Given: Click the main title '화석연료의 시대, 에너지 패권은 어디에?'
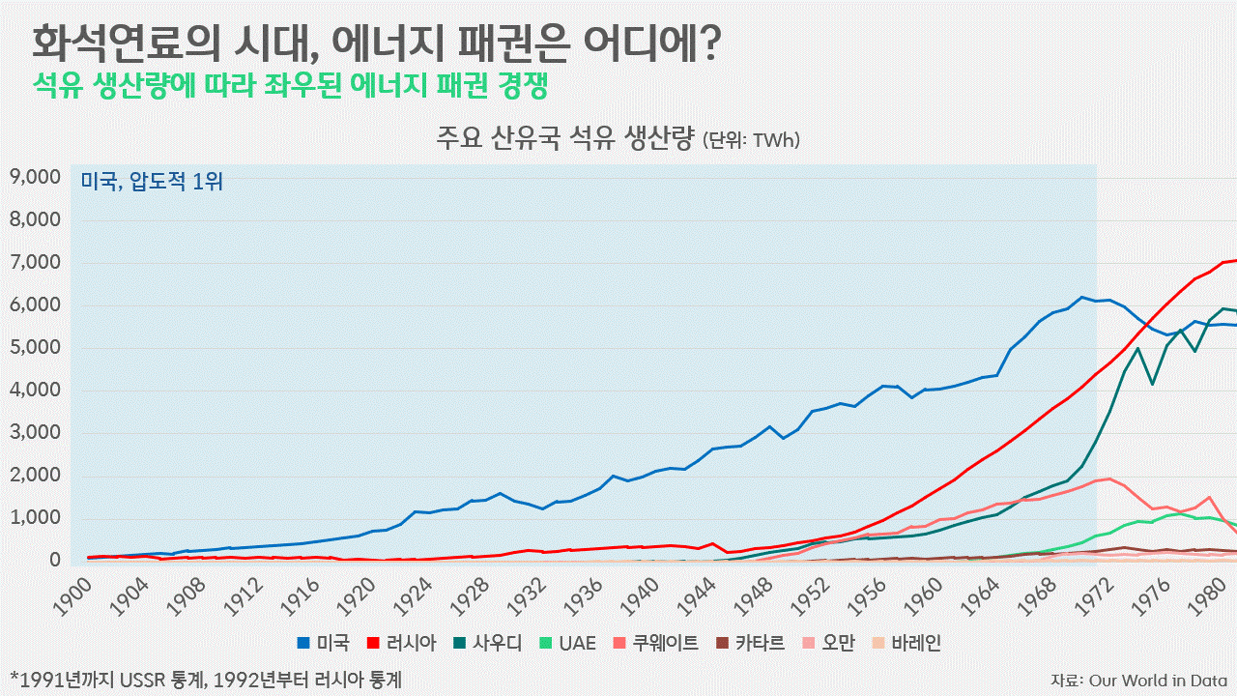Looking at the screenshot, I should click(x=377, y=43).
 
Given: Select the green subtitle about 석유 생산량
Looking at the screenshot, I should click(x=290, y=86).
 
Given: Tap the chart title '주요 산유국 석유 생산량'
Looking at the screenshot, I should click(x=564, y=139).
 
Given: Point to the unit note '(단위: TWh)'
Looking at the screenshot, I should click(x=751, y=141).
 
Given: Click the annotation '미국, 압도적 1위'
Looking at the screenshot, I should click(x=152, y=181).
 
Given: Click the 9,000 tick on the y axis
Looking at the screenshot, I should click(x=35, y=177).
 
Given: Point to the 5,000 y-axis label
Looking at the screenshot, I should click(x=35, y=348).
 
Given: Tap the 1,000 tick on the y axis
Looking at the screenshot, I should click(x=35, y=518).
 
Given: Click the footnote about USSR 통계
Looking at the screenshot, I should click(x=205, y=680).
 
